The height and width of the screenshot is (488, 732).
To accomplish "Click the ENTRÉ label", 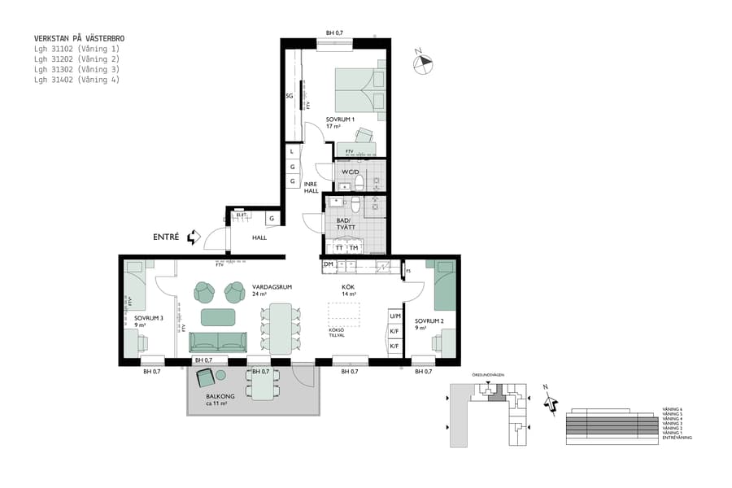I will (166, 237).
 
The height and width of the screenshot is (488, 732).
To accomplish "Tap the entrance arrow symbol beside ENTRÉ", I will (193, 237).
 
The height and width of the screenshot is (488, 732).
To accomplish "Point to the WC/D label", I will (351, 172).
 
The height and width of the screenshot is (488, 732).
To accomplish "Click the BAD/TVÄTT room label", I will (346, 224).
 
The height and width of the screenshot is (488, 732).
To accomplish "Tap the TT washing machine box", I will (339, 248).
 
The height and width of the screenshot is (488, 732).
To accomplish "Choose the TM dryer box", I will (354, 248).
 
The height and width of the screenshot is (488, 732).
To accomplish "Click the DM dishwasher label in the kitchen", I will (328, 264).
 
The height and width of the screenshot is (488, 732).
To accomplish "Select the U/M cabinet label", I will (394, 316).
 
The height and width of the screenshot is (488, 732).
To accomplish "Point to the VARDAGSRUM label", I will (272, 287).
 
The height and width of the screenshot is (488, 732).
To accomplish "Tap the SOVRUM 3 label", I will (149, 319).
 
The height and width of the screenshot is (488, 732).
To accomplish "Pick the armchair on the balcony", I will (205, 377).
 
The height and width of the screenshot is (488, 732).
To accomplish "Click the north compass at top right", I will (423, 62).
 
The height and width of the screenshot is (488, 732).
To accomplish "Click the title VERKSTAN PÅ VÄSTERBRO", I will (80, 38).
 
